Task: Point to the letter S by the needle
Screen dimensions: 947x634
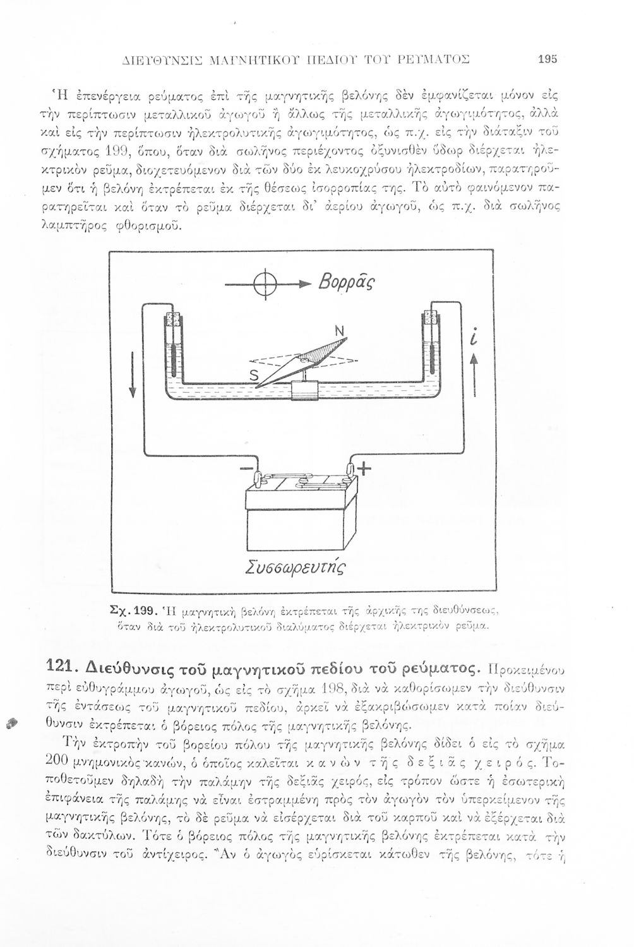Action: (x=254, y=376)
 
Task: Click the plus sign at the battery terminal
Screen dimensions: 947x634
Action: (x=364, y=468)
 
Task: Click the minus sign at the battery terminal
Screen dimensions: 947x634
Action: (x=244, y=470)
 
